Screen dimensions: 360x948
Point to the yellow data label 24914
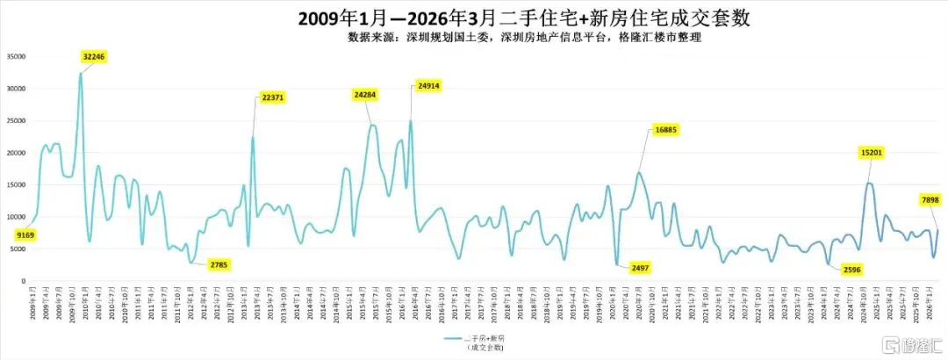click(427, 86)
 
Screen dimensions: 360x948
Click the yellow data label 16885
click(666, 130)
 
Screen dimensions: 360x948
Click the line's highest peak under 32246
click(81, 74)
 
